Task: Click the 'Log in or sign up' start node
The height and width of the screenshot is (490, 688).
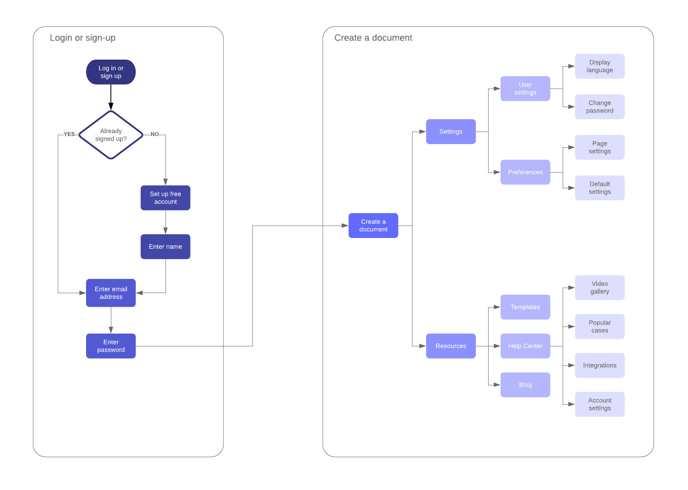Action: [111, 72]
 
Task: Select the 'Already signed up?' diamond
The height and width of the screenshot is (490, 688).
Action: [111, 135]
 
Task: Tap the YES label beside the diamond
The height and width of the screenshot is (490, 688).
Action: [69, 134]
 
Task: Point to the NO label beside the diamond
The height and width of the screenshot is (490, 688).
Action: [154, 134]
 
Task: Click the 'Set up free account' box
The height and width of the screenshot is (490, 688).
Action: [165, 198]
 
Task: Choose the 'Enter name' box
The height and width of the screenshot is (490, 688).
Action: [165, 247]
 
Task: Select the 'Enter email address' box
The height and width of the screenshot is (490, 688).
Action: [111, 293]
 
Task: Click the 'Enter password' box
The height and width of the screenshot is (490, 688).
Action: [111, 346]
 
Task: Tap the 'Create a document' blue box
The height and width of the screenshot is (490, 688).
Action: [373, 226]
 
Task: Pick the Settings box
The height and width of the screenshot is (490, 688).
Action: [451, 132]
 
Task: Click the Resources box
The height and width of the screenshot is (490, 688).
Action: [451, 346]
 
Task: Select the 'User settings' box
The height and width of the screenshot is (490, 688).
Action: [525, 89]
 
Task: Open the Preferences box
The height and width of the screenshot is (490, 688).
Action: [525, 172]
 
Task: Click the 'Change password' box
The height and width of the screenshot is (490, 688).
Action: [599, 107]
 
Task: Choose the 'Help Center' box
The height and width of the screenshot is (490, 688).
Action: [525, 346]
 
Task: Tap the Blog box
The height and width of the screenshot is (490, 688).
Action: [525, 385]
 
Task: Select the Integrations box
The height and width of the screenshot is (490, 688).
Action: [599, 365]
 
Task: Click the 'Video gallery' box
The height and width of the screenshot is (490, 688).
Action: [599, 288]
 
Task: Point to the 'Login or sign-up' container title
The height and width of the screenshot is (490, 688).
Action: [83, 38]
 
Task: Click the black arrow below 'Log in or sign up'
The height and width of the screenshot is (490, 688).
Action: [111, 98]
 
